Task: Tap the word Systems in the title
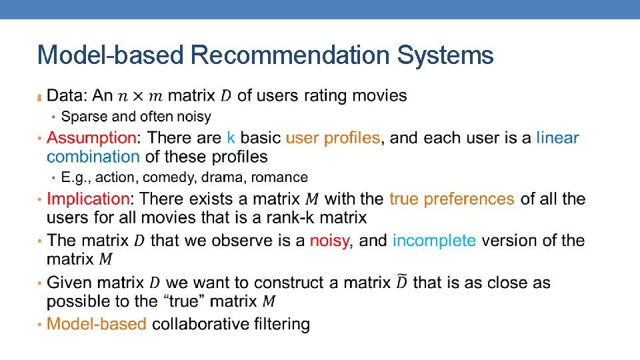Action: [445, 55]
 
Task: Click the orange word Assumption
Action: [91, 138]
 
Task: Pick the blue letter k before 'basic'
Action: [231, 138]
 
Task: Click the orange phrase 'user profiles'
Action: [333, 138]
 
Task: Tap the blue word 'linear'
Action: [557, 138]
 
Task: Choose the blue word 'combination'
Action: [93, 157]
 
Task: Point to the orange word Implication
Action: [88, 199]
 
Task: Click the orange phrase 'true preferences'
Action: [451, 199]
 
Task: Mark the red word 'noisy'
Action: [329, 240]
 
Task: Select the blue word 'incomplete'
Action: [434, 240]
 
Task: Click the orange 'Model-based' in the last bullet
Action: [97, 324]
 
